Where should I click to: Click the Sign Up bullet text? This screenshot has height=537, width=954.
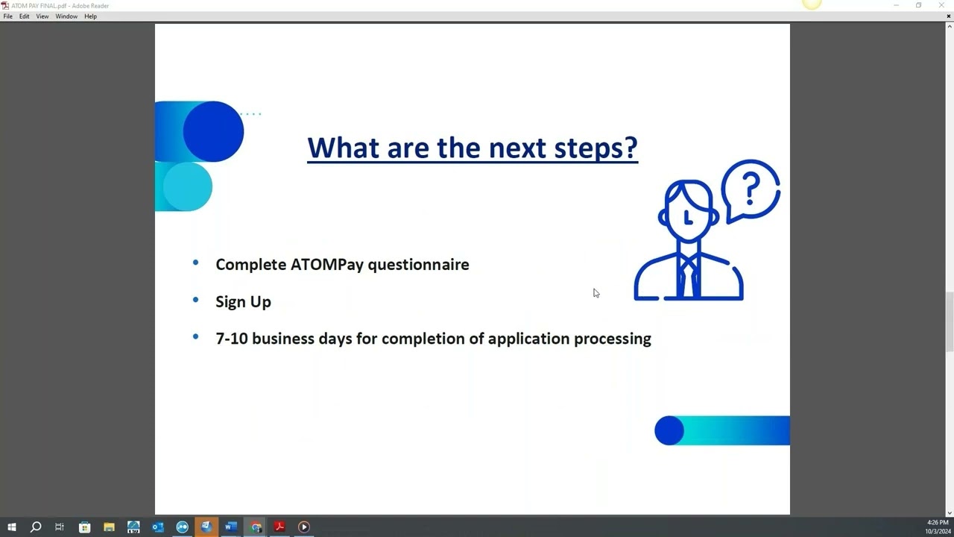pyautogui.click(x=243, y=302)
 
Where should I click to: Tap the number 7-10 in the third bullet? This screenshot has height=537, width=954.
pyautogui.click(x=232, y=339)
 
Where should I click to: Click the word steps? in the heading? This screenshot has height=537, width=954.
pyautogui.click(x=596, y=148)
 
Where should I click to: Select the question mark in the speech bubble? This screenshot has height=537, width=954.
pyautogui.click(x=751, y=189)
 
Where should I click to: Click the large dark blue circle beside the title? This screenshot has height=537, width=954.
pyautogui.click(x=213, y=131)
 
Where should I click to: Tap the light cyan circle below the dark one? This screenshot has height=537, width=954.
pyautogui.click(x=187, y=186)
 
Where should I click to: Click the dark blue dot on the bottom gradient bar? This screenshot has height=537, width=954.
pyautogui.click(x=669, y=430)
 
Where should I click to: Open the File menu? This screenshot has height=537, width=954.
pyautogui.click(x=7, y=16)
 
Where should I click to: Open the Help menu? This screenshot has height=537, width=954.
pyautogui.click(x=90, y=16)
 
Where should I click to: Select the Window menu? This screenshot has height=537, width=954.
pyautogui.click(x=66, y=16)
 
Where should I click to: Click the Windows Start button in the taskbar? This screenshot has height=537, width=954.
pyautogui.click(x=11, y=527)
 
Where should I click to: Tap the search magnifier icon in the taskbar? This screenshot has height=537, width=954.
pyautogui.click(x=35, y=527)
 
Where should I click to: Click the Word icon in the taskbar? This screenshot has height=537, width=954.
pyautogui.click(x=231, y=527)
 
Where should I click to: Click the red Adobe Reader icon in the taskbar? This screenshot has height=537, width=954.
pyautogui.click(x=279, y=527)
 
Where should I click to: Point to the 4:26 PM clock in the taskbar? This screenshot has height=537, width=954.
pyautogui.click(x=938, y=523)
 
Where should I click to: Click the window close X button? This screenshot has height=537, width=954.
pyautogui.click(x=941, y=5)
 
